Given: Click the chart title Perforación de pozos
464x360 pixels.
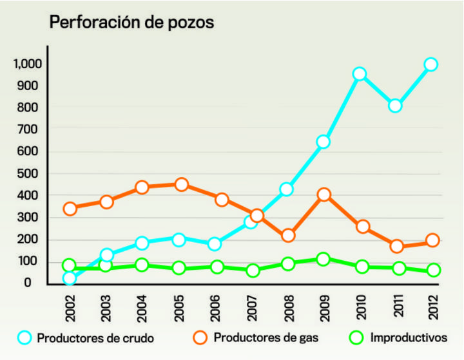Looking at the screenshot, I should coord(132,23).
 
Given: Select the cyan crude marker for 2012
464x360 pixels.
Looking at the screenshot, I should coord(430,64).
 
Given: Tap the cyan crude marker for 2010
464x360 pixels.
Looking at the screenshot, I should coord(360,74).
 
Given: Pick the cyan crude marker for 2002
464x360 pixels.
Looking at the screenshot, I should coord(70,278).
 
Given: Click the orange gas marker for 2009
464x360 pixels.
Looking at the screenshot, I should coord(324,194).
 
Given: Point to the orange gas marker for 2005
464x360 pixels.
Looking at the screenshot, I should coord(181,185).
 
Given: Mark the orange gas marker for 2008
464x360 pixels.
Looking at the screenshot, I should coord(288,236).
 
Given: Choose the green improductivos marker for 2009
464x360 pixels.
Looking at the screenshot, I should coord(324,260).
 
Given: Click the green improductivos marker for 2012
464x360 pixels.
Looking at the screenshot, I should coord(433,270).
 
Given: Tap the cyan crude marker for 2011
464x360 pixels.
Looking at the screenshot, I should coord(395,106).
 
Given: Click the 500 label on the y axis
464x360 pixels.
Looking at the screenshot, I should coord(32,174).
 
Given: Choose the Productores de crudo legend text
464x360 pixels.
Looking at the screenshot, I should coord(96,337).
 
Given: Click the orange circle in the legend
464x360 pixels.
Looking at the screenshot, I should coord(200,337).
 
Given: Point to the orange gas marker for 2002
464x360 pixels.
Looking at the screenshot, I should coord(70,209).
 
